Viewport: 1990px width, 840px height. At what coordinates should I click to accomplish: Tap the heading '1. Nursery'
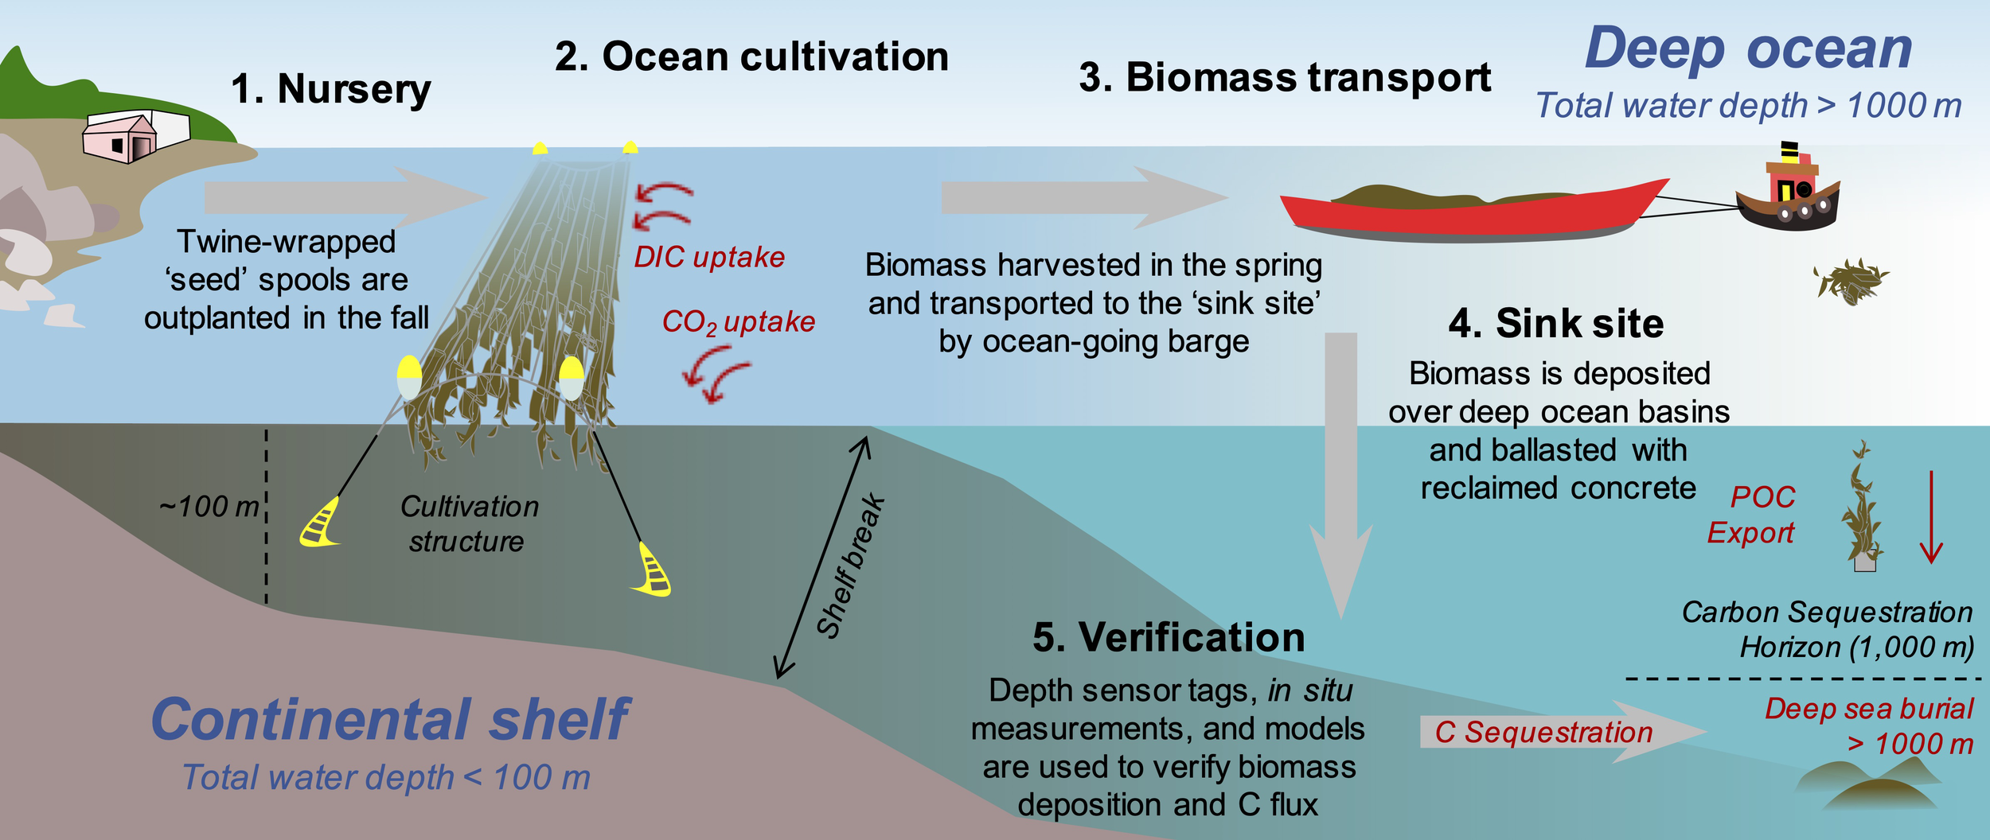tap(330, 88)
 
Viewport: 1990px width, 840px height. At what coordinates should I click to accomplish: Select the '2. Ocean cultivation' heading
tap(751, 56)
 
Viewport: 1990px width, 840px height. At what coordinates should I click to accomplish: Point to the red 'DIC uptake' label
tap(708, 257)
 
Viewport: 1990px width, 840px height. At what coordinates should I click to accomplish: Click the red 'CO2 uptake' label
tap(738, 321)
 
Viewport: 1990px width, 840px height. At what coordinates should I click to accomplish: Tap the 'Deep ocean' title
tap(1748, 49)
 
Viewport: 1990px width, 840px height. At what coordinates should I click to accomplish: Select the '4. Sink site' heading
tap(1555, 323)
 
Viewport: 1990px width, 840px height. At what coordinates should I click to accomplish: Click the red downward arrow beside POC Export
tap(1931, 517)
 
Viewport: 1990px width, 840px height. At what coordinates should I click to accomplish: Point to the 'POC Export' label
tap(1751, 515)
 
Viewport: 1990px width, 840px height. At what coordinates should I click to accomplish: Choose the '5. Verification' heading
tap(1168, 637)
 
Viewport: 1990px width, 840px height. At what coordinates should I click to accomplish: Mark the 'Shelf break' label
tap(850, 566)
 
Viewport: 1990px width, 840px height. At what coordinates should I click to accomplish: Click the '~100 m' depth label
tap(209, 506)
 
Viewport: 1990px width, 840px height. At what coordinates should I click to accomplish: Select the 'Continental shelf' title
tap(390, 720)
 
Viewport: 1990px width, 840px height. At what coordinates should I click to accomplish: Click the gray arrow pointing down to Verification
tap(1341, 477)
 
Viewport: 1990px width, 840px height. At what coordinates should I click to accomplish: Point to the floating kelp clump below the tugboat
tap(1850, 281)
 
